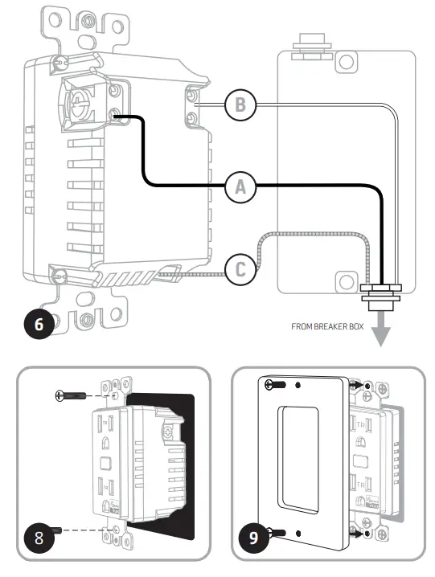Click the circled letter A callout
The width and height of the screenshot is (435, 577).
(x=238, y=187)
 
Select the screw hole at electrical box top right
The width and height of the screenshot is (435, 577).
(x=346, y=63)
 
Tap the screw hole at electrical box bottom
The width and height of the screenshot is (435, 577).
(x=346, y=280)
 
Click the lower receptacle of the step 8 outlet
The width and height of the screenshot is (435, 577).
(x=105, y=489)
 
